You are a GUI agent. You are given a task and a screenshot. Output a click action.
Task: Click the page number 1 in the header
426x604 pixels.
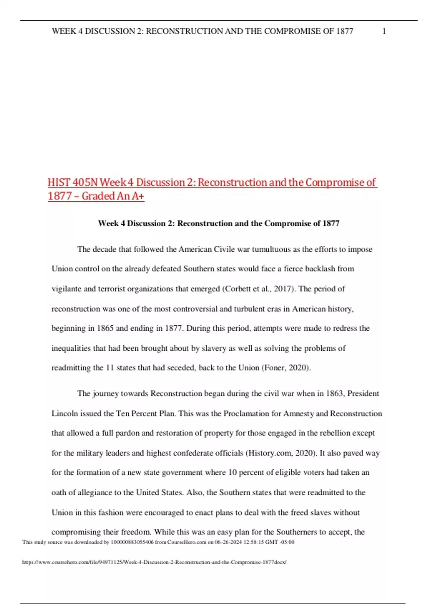click(x=384, y=31)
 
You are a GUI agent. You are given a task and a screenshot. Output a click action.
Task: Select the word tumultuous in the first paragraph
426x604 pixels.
click(x=271, y=249)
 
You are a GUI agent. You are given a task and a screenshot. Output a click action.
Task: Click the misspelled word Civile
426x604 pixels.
click(x=224, y=249)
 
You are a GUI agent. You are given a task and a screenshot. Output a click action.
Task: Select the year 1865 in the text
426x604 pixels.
click(x=105, y=328)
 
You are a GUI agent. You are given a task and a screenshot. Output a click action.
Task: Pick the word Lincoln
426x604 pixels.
click(x=64, y=414)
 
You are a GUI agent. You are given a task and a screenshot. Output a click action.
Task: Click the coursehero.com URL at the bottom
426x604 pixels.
click(x=154, y=562)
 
